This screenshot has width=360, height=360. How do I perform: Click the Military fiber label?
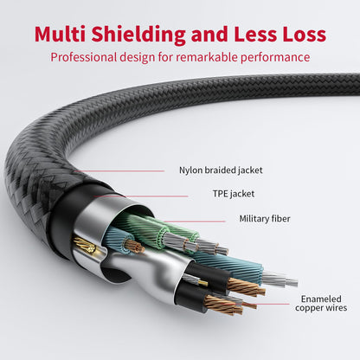(x=265, y=219)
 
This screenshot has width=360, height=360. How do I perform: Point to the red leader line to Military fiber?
(x=212, y=219)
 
